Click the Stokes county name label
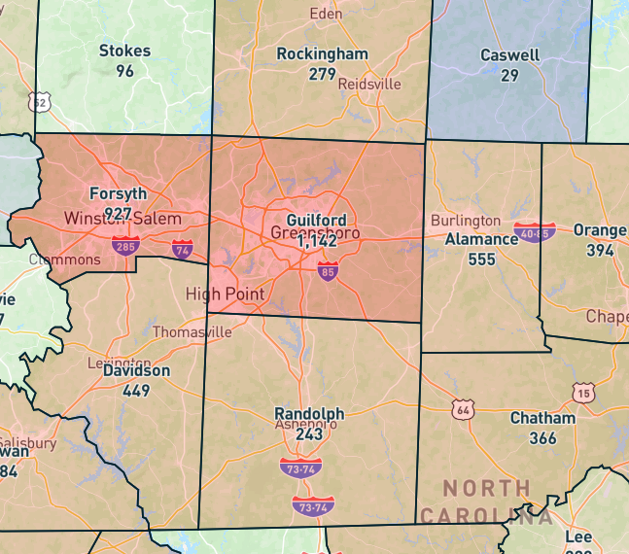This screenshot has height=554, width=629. pyautogui.click(x=124, y=51)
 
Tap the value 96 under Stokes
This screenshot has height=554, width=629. pyautogui.click(x=124, y=71)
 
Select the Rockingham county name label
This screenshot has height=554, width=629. pyautogui.click(x=322, y=53)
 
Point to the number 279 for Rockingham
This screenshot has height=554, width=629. pyautogui.click(x=322, y=74)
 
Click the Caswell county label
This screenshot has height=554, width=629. pyautogui.click(x=509, y=55)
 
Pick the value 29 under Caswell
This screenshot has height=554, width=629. pyautogui.click(x=509, y=75)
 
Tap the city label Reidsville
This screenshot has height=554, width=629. pyautogui.click(x=369, y=85)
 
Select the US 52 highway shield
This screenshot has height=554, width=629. pyautogui.click(x=39, y=101)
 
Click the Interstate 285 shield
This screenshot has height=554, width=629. pyautogui.click(x=124, y=245)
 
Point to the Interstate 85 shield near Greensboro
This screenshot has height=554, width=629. pyautogui.click(x=328, y=272)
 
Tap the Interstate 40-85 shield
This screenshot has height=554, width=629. pyautogui.click(x=535, y=232)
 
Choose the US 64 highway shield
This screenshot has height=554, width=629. pyautogui.click(x=463, y=408)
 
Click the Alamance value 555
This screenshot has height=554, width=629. pyautogui.click(x=481, y=260)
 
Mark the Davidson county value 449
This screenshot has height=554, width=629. pyautogui.click(x=136, y=391)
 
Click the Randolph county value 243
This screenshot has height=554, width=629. pyautogui.click(x=309, y=434)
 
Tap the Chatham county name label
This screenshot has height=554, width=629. pyautogui.click(x=542, y=418)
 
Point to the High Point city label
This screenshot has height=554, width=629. pyautogui.click(x=224, y=294)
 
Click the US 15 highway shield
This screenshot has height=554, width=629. pyautogui.click(x=583, y=393)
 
